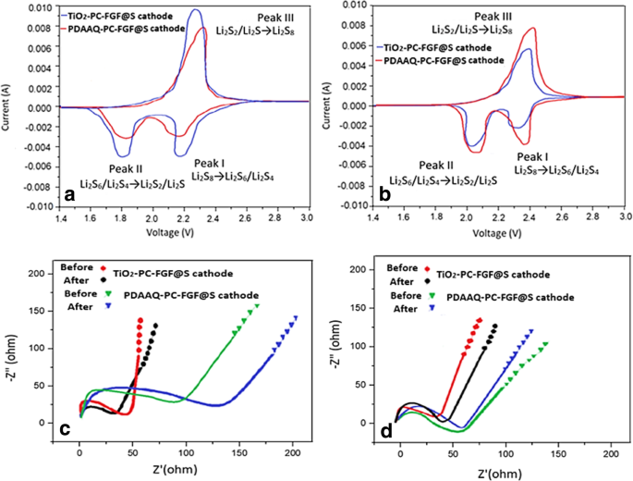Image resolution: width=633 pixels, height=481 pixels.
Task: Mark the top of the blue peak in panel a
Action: click(246, 11)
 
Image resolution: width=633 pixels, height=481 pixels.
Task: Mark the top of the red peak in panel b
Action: click(533, 29)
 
